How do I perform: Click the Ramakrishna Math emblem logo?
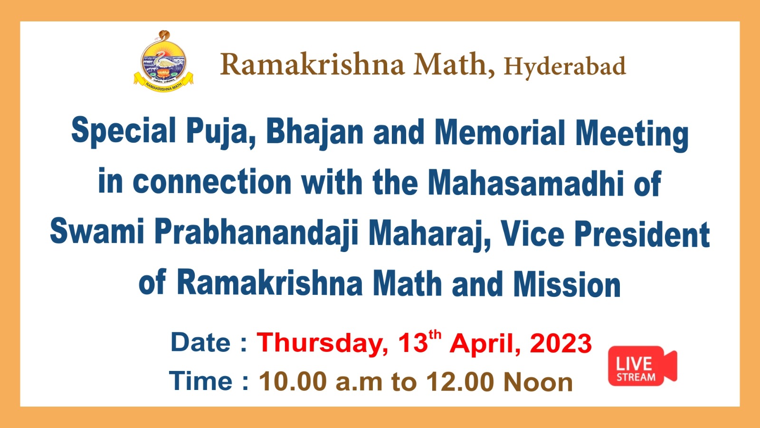163,61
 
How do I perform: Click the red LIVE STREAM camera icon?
642,366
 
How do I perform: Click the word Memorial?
500,133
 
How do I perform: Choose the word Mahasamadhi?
525,184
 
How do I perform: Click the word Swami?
97,231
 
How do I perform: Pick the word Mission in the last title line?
567,284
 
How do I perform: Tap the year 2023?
561,343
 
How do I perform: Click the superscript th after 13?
435,335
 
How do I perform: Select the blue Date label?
200,342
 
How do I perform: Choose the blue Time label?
200,381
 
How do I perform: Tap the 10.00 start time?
293,382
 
